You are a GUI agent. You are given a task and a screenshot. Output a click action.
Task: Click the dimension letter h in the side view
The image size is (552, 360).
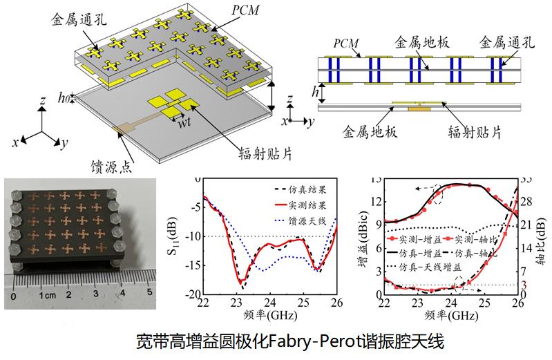314,91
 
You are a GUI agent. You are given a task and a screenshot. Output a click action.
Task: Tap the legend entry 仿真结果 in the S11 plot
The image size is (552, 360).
310,188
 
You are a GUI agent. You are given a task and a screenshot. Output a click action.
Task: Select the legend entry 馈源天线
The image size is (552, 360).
310,221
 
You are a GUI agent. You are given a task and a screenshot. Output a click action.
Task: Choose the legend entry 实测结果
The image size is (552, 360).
310,205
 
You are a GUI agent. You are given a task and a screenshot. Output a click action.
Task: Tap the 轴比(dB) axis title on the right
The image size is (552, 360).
541,236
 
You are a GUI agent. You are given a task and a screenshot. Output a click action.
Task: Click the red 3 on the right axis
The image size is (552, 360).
524,285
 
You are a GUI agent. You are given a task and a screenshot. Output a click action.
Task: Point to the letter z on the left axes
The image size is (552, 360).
43,101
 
